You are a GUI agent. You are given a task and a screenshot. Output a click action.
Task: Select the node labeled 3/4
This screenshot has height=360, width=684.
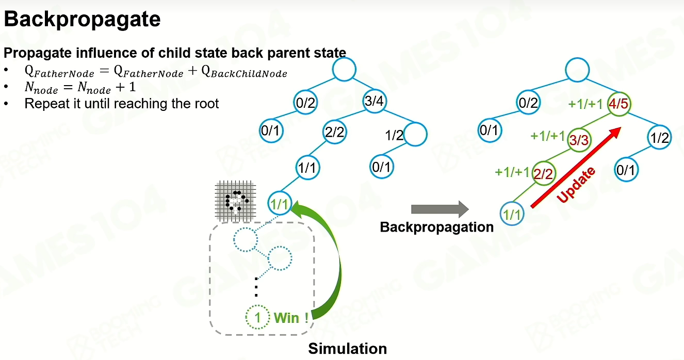(374, 101)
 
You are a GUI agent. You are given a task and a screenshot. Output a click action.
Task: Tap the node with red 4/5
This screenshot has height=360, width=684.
(619, 104)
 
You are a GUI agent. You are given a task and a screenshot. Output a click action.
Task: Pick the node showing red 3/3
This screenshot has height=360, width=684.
(579, 140)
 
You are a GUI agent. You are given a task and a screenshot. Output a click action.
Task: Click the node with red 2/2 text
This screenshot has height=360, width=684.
(543, 174)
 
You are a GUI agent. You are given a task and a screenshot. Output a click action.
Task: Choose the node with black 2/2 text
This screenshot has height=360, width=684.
(334, 132)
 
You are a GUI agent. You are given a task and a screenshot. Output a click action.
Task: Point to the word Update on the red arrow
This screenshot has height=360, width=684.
(576, 185)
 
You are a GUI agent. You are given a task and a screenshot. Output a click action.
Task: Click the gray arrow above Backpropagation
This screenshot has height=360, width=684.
(439, 209)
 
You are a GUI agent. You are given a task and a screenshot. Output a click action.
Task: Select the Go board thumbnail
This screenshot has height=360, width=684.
(235, 201)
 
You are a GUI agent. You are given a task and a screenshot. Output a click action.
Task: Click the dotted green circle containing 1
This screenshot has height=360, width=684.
(258, 317)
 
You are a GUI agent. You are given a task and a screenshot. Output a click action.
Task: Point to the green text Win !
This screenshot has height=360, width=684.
(291, 318)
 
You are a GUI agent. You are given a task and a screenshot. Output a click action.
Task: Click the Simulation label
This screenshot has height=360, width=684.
(348, 349)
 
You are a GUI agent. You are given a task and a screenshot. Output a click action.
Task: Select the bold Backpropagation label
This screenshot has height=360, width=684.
(437, 227)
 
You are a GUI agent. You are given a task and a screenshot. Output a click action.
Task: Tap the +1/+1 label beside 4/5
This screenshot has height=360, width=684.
(585, 104)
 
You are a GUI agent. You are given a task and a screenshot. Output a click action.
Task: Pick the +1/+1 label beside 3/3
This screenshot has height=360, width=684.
(548, 136)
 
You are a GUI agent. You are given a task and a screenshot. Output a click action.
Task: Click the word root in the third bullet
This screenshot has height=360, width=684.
(206, 104)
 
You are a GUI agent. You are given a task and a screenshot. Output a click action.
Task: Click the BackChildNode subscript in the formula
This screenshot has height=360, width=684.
(249, 74)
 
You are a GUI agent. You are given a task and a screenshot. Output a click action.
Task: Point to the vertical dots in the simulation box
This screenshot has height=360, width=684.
(256, 287)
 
